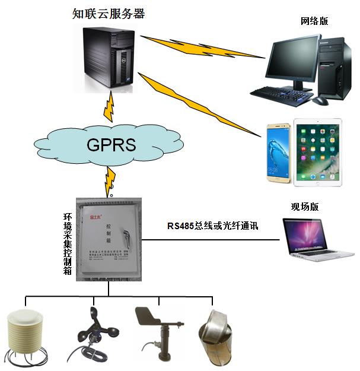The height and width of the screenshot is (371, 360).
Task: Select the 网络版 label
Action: pyautogui.click(x=315, y=21)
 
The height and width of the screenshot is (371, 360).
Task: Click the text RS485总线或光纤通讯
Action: pyautogui.click(x=214, y=226)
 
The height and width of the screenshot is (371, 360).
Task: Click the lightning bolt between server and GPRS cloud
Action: pyautogui.click(x=109, y=105)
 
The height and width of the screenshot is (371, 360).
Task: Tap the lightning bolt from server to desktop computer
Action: pyautogui.click(x=202, y=47)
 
